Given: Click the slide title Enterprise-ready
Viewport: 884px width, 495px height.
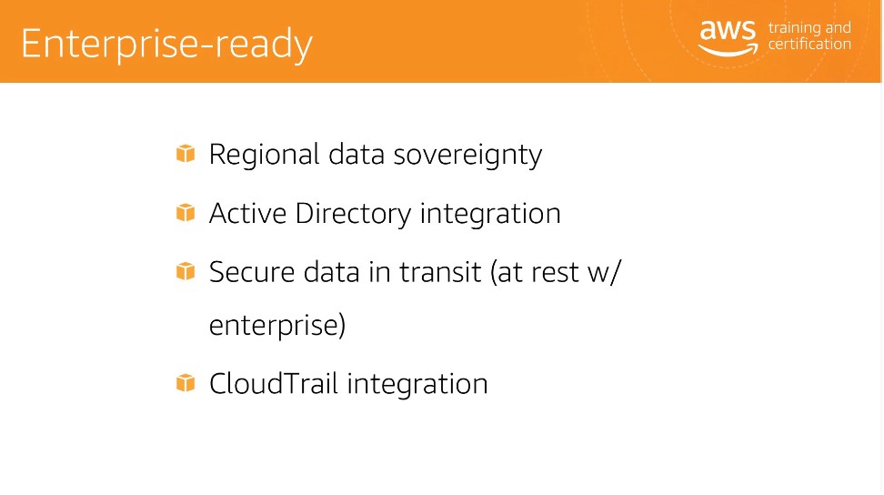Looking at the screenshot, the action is coord(166,45).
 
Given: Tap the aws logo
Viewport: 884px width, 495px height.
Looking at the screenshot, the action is coord(728,38).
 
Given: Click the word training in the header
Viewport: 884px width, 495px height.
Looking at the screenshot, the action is coord(794,28).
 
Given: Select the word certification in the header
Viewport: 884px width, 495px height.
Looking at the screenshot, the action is coord(809,44).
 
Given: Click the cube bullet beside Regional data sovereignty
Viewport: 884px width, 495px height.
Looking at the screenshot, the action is coord(186,154).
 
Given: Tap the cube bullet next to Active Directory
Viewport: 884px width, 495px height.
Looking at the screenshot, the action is coord(186,213).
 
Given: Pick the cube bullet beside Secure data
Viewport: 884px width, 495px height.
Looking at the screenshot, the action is coord(186,271).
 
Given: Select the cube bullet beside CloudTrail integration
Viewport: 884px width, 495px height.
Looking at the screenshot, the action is coord(186,383).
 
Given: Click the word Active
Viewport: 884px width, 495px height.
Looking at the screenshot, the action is coord(247,213).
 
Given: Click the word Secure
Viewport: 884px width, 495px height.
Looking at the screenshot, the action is coord(252,272).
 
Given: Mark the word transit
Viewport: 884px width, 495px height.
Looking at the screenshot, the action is coord(440,272).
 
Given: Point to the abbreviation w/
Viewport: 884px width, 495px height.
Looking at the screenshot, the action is coord(604,273).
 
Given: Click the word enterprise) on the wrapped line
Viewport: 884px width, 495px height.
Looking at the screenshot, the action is coord(277,326).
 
